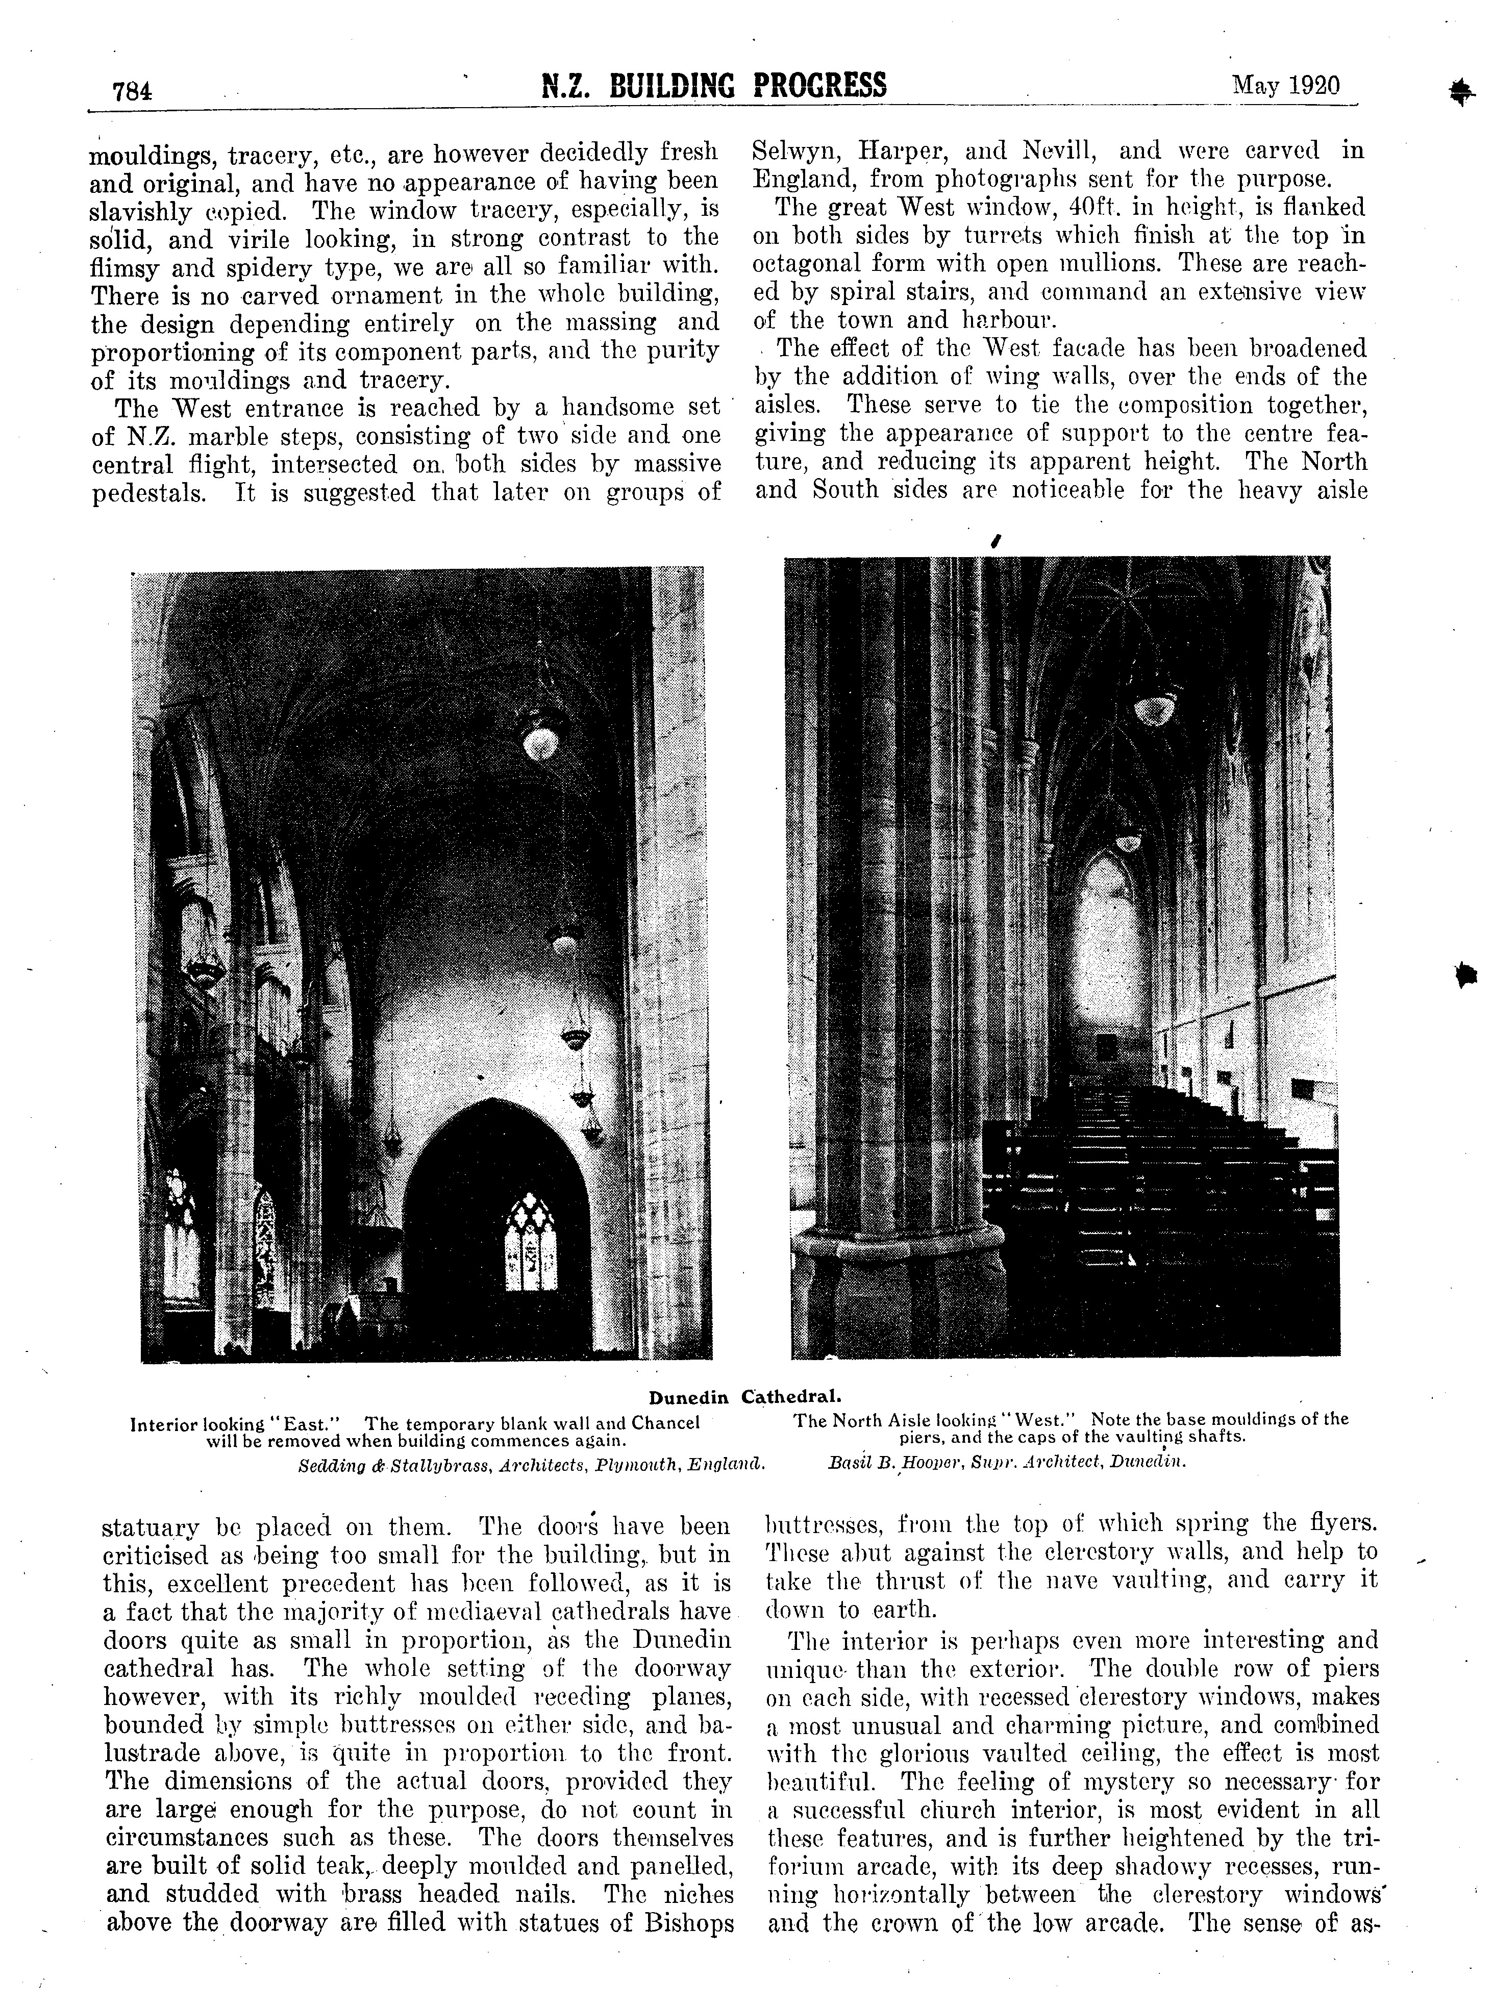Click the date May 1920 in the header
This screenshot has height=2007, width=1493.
click(x=1285, y=86)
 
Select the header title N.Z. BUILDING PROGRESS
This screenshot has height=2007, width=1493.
click(x=713, y=86)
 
